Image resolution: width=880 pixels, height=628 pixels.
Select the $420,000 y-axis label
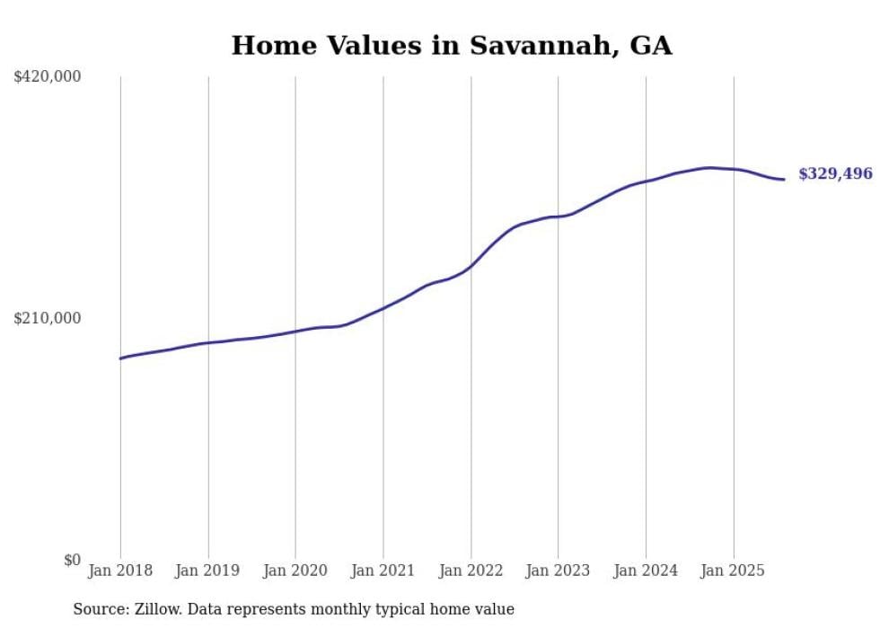click(x=48, y=77)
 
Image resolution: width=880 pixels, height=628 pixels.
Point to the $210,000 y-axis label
click(x=48, y=318)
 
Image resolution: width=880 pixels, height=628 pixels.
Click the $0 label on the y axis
click(x=72, y=560)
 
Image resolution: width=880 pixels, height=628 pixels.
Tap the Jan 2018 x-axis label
click(x=120, y=571)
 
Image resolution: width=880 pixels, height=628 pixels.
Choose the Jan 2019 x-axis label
click(x=208, y=571)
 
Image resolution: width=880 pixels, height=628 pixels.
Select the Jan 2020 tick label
click(x=295, y=571)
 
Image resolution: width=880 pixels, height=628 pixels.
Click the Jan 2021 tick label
click(x=383, y=571)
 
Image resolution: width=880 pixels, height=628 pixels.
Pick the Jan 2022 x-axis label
click(x=471, y=571)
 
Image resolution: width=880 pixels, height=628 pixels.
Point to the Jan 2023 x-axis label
click(x=558, y=571)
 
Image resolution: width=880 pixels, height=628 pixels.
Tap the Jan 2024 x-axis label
click(x=646, y=571)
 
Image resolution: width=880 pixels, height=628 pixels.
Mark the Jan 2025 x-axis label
click(x=734, y=571)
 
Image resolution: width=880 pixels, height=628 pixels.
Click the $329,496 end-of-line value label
click(x=835, y=174)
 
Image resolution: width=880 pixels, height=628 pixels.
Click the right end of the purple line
click(x=784, y=180)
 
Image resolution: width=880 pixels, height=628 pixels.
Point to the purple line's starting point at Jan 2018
click(x=120, y=358)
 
